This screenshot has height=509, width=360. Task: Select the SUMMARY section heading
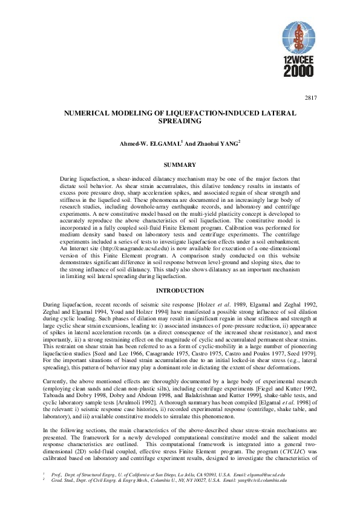pos(180,165)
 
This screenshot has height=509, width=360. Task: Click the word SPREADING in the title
pos(180,122)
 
